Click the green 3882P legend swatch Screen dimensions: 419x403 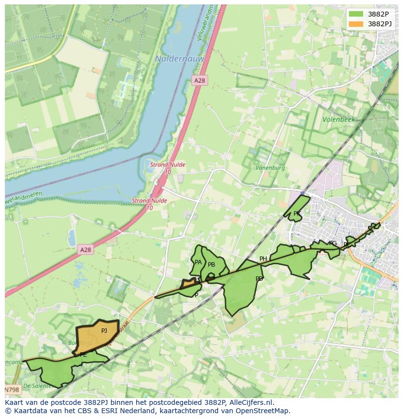[356, 14]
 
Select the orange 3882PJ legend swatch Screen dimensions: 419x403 [356, 24]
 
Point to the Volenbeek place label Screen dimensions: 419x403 [339, 119]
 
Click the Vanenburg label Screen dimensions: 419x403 [270, 168]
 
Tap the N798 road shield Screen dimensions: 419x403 [12, 390]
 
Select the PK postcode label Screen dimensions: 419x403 [296, 214]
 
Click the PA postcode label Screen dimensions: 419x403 [198, 262]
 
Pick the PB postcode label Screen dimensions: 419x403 [211, 265]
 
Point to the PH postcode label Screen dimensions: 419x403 [263, 259]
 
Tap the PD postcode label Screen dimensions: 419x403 [259, 279]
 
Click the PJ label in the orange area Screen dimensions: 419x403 [104, 331]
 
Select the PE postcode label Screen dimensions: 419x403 [83, 355]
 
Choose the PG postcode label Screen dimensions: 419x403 [333, 243]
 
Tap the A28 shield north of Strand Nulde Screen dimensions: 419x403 [199, 81]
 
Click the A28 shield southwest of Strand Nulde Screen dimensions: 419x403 [85, 250]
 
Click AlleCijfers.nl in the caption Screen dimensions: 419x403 [251, 402]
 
